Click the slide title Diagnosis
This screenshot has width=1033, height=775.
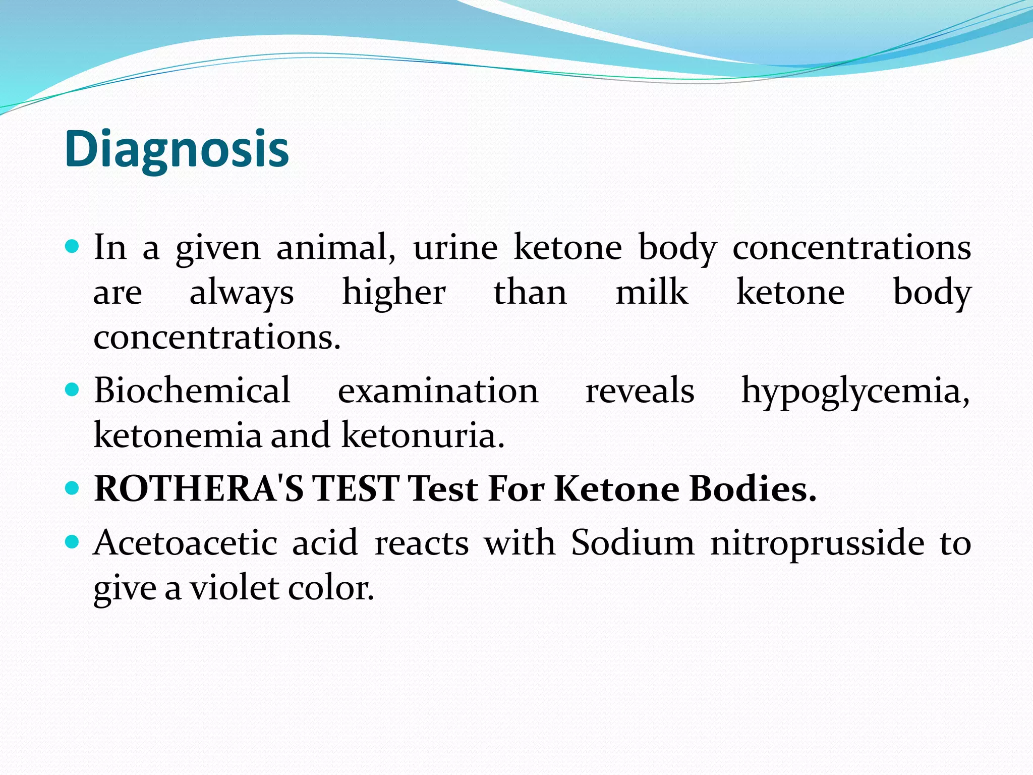[177, 149]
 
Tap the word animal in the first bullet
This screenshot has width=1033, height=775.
[335, 248]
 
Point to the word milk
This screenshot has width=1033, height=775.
[652, 292]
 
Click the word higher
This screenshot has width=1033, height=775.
[394, 292]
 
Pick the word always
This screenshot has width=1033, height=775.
[242, 293]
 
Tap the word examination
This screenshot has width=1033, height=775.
[438, 391]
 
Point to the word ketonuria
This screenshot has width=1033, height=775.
[423, 435]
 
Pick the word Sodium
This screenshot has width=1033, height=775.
[633, 543]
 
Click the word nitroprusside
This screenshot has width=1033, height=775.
[817, 544]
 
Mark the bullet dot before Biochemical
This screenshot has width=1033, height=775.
[73, 390]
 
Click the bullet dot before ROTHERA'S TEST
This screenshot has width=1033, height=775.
[73, 488]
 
